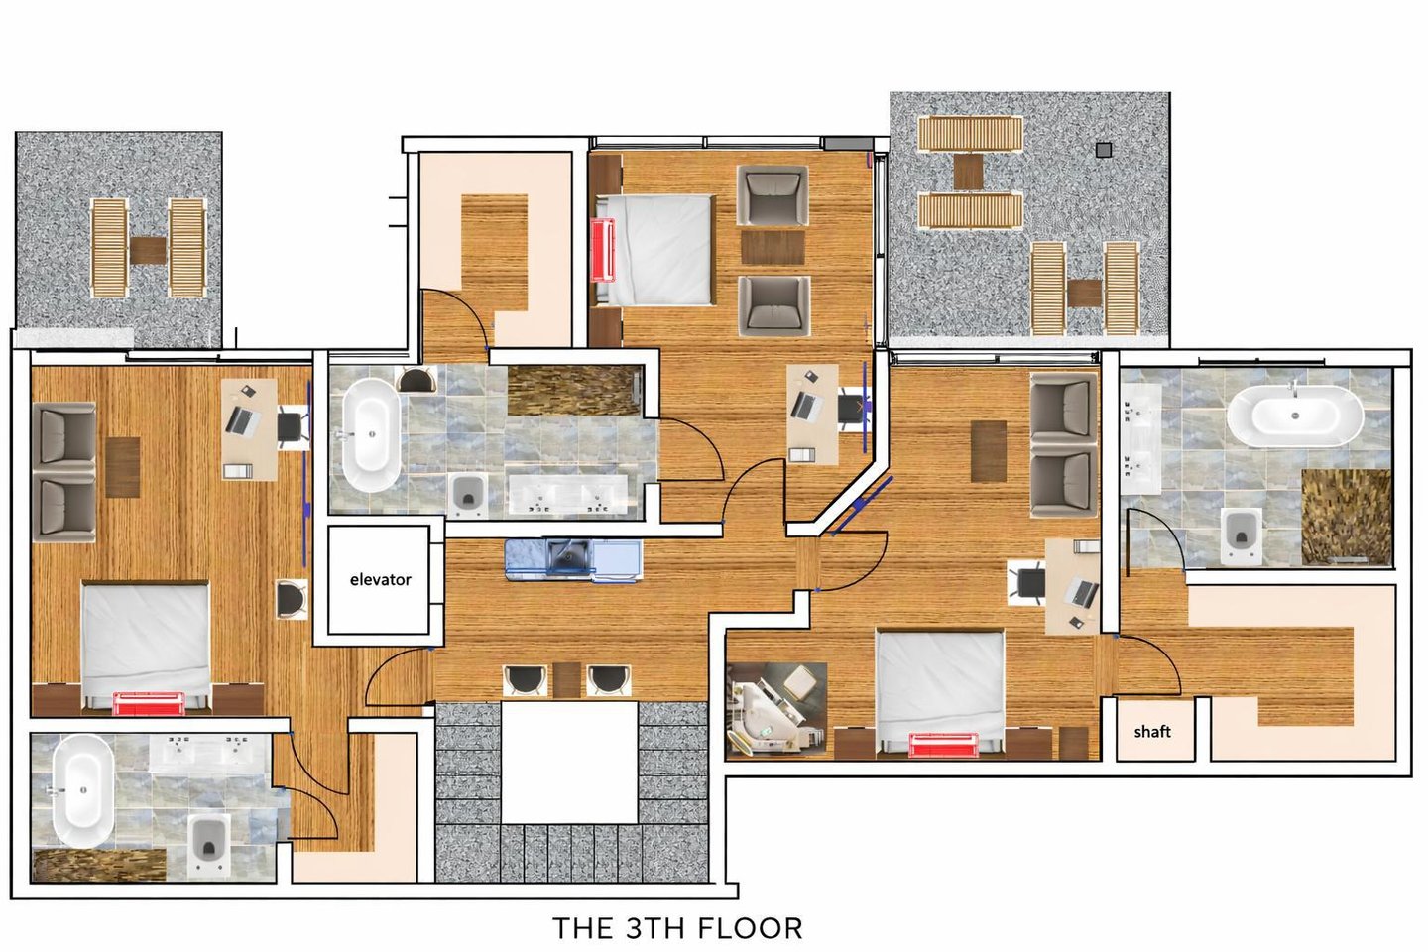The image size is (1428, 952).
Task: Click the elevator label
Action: point(380,579)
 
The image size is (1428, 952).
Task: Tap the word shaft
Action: point(1152,732)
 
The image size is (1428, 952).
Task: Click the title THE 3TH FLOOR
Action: point(677,928)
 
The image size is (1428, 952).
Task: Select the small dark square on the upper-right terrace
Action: point(1104,151)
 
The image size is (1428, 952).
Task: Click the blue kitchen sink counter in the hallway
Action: point(574,560)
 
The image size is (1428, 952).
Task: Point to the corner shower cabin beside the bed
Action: point(777,711)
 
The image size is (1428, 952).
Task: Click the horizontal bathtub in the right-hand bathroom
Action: point(1295,416)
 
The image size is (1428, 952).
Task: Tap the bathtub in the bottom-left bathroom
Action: point(83,790)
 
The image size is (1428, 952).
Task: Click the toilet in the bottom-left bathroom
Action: point(210,846)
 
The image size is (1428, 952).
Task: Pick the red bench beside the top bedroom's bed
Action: point(603,250)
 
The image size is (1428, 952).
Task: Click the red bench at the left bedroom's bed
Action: point(149,703)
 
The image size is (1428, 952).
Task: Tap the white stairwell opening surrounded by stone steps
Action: point(569,763)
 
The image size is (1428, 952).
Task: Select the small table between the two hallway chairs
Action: point(566,679)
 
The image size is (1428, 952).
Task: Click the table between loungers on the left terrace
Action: point(148,251)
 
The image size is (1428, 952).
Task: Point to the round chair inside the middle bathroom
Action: point(416,380)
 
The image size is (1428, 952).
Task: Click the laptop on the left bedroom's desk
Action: point(243,420)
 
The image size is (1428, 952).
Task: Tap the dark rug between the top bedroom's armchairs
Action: point(773,247)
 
